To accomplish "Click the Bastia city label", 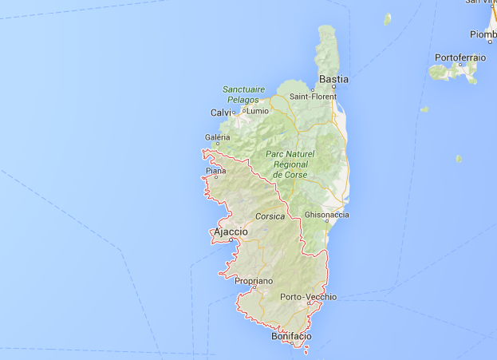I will pyautogui.click(x=333, y=79).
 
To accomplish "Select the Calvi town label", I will pyautogui.click(x=220, y=113).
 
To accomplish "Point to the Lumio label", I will pyautogui.click(x=258, y=111).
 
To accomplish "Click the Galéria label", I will pyautogui.click(x=217, y=137).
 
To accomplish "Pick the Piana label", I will pyautogui.click(x=215, y=171).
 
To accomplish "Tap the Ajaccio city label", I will pyautogui.click(x=231, y=231).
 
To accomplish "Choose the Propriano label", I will pyautogui.click(x=254, y=281).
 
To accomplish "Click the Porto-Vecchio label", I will pyautogui.click(x=309, y=297).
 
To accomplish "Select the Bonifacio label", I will pyautogui.click(x=291, y=337).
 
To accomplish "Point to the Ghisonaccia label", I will pyautogui.click(x=326, y=215).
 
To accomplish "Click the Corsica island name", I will pyautogui.click(x=270, y=216).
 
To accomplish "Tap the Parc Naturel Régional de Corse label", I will pyautogui.click(x=290, y=164).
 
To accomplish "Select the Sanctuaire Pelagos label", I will pyautogui.click(x=242, y=94).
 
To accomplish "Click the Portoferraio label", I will pyautogui.click(x=460, y=57).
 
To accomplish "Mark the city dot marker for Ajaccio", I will pyautogui.click(x=231, y=239).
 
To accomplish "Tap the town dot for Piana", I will pyautogui.click(x=211, y=177).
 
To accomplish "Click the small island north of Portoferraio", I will pyautogui.click(x=388, y=18).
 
